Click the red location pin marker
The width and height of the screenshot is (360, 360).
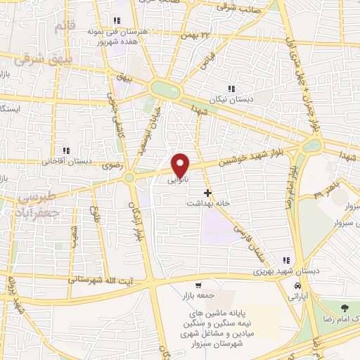coord(181,164)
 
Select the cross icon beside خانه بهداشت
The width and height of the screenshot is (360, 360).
coord(207,193)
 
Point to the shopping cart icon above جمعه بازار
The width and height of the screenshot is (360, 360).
coord(199,285)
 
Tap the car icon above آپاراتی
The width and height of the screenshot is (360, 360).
coord(299,287)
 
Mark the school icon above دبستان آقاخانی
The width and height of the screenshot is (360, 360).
coord(67,150)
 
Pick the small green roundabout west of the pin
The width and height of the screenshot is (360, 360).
coord(129,179)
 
